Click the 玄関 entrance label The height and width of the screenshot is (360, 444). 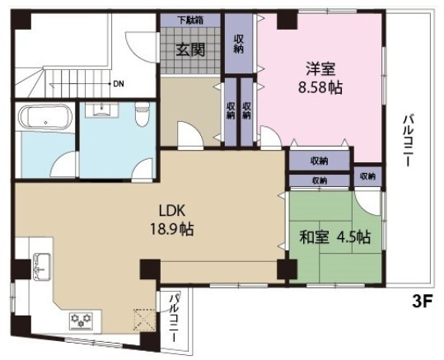(190, 50)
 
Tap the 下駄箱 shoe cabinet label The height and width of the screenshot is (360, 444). (190, 20)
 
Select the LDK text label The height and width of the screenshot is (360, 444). (171, 211)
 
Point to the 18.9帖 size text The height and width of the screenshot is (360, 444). (171, 229)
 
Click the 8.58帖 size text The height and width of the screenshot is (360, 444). (320, 87)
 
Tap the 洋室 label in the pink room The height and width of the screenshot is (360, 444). (320, 69)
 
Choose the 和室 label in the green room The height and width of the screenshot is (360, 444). (315, 237)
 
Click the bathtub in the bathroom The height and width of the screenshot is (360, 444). (45, 117)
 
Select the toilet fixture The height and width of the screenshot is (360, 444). (143, 114)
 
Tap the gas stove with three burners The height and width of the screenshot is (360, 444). (82, 320)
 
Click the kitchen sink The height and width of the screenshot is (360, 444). (42, 267)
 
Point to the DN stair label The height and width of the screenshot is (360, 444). (118, 84)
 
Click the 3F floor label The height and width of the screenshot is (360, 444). (423, 302)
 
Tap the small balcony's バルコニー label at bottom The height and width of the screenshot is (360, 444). (174, 318)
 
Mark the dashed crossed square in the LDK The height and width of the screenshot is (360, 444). (144, 320)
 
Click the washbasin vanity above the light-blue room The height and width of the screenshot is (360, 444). (101, 109)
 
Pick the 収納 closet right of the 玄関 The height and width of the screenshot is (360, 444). (239, 44)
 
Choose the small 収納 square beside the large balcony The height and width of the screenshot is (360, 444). (367, 176)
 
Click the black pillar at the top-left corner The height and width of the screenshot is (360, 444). (21, 20)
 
